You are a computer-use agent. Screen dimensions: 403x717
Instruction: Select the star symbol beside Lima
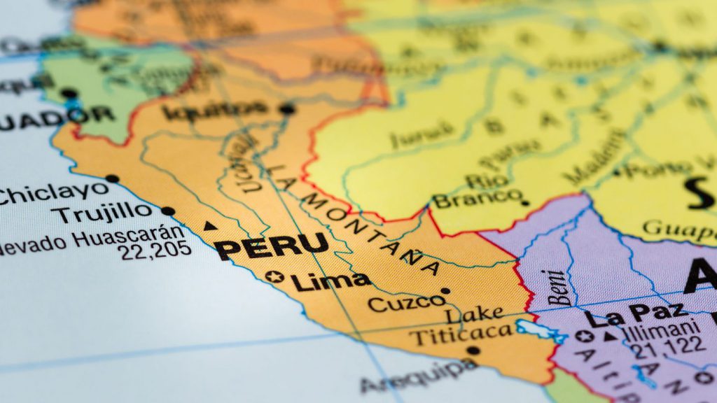click(x=273, y=277)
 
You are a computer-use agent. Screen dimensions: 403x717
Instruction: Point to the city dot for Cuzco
click(x=445, y=291)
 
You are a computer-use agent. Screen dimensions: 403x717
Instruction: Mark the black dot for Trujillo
click(x=168, y=211)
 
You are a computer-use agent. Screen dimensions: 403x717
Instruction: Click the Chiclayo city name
click(x=53, y=192)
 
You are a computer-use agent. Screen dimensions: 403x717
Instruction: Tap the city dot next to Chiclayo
click(x=112, y=178)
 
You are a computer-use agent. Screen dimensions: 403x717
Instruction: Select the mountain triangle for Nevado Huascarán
click(x=209, y=226)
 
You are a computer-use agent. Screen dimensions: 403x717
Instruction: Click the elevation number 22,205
click(x=155, y=251)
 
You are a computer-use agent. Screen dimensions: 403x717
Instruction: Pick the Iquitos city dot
click(x=286, y=108)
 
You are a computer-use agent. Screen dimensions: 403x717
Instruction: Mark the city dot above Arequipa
click(x=473, y=351)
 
